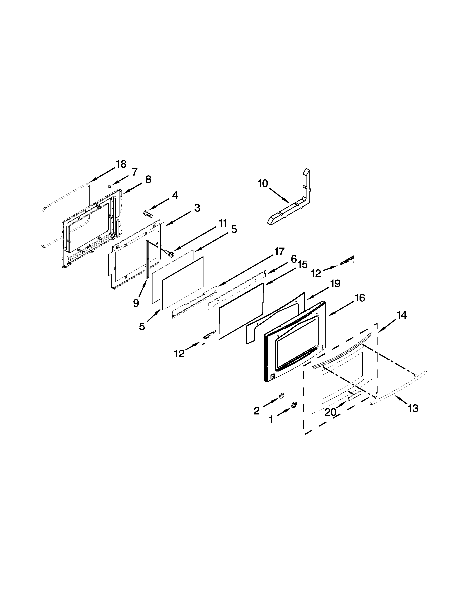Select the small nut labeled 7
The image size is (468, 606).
pyautogui.click(x=110, y=186)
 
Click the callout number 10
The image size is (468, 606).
pyautogui.click(x=263, y=183)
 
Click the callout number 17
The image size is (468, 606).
pyautogui.click(x=279, y=251)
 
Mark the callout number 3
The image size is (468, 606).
pyautogui.click(x=197, y=208)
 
